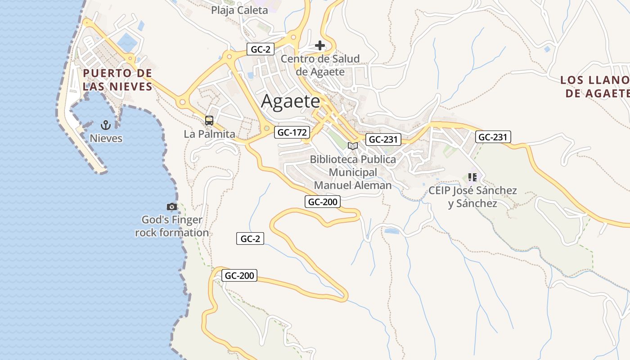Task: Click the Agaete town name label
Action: point(290,101)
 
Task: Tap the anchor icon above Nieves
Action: point(106,125)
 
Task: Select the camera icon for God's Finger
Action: point(171,207)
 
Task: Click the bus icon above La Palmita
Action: point(209,121)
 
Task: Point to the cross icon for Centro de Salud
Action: point(320,45)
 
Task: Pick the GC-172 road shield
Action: point(292,132)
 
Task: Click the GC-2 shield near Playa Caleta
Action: point(260,49)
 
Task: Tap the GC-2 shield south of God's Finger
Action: point(250,239)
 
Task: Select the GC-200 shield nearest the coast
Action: point(239,275)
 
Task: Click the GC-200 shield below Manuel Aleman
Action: point(323,202)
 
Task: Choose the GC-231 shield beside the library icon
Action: point(382,139)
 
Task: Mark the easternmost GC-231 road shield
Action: point(493,137)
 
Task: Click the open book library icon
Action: point(353,146)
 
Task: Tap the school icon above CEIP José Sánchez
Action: point(472,177)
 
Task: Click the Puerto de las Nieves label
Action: point(117,80)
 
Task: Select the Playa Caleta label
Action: point(239,10)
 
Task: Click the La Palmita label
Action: point(210,134)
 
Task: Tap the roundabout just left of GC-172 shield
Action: point(267,129)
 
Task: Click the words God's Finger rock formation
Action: point(172,226)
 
